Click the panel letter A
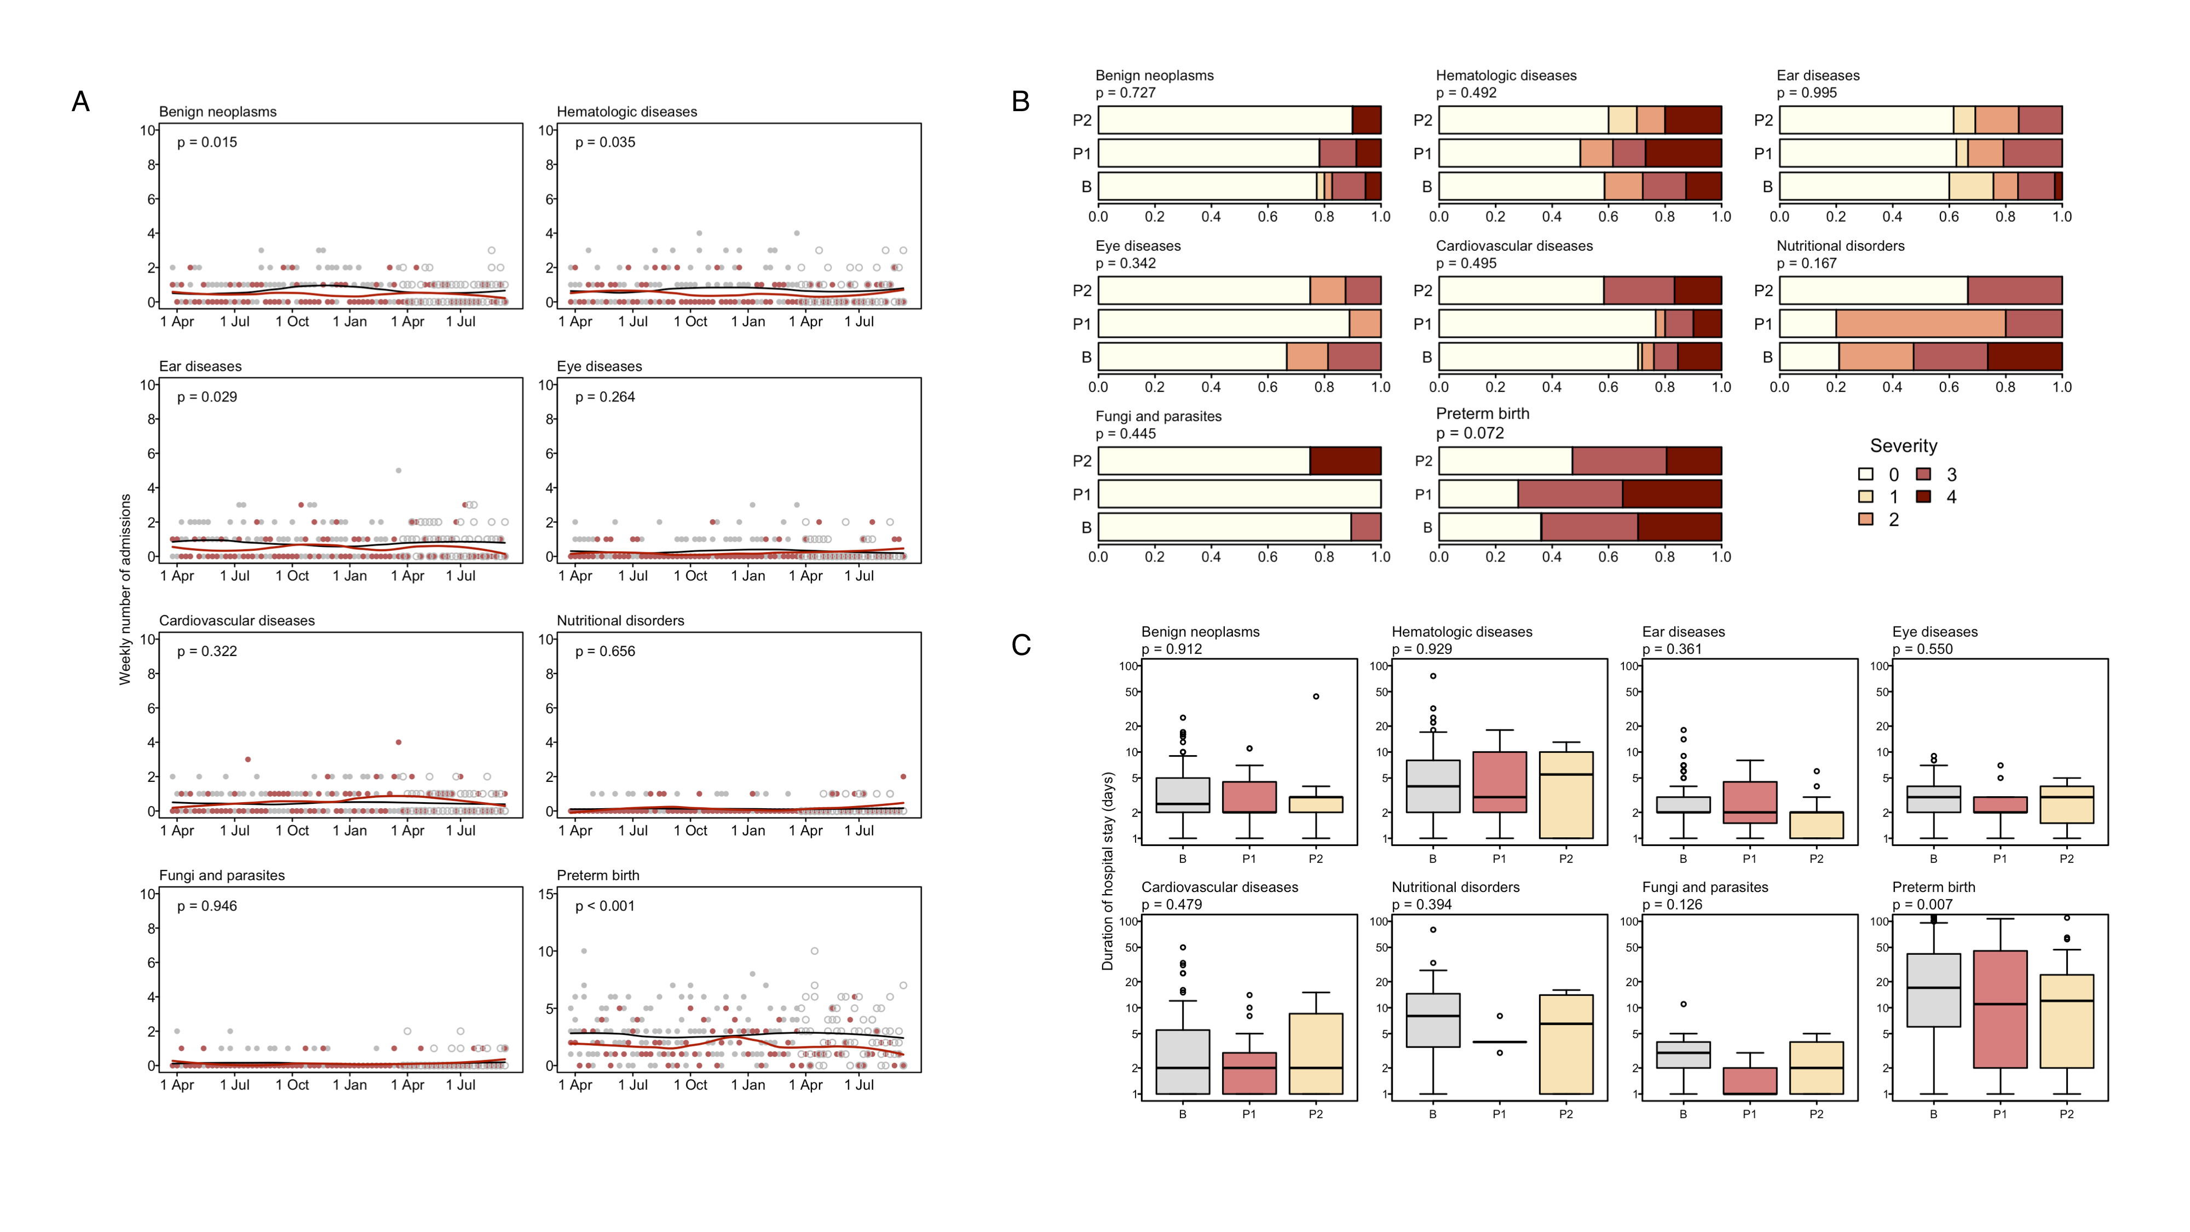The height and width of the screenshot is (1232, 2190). click(x=81, y=102)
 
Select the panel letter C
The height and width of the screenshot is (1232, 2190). click(x=1021, y=646)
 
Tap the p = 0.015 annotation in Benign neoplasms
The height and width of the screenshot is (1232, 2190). click(x=206, y=142)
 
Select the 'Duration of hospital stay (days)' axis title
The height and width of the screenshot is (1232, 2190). click(x=1107, y=872)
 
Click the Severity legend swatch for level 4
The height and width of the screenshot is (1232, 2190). click(x=1923, y=497)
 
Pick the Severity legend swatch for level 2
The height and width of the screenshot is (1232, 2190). click(x=1866, y=519)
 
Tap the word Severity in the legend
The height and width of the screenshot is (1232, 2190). click(x=1904, y=446)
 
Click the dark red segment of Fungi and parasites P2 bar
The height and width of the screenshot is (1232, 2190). click(x=1345, y=461)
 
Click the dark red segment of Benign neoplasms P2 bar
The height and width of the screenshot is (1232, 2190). click(x=1366, y=120)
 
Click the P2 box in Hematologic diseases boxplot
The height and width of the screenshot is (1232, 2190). click(x=1565, y=795)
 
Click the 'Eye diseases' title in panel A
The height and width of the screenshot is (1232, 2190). click(x=600, y=366)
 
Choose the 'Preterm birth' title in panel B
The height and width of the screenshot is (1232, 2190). click(x=1482, y=414)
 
